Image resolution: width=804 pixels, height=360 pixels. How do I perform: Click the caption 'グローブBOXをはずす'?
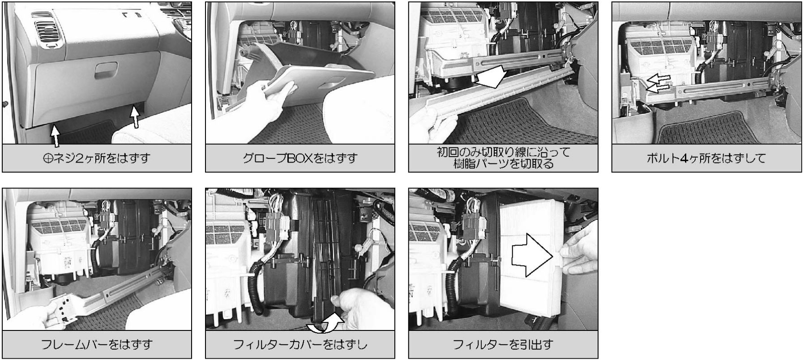[x=300, y=158]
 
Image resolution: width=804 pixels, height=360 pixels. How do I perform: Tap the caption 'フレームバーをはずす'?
[x=97, y=344]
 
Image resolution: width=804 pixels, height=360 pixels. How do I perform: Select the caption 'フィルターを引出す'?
[x=503, y=344]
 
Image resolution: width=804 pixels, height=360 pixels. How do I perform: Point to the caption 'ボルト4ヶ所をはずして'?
[x=706, y=158]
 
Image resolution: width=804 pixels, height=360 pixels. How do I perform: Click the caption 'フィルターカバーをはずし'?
[x=300, y=344]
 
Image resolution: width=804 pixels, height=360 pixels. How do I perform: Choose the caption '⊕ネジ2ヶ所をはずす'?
[x=97, y=158]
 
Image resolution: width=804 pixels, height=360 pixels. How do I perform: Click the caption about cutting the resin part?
[x=503, y=158]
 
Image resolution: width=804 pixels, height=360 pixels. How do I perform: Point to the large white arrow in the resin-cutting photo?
[x=491, y=77]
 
